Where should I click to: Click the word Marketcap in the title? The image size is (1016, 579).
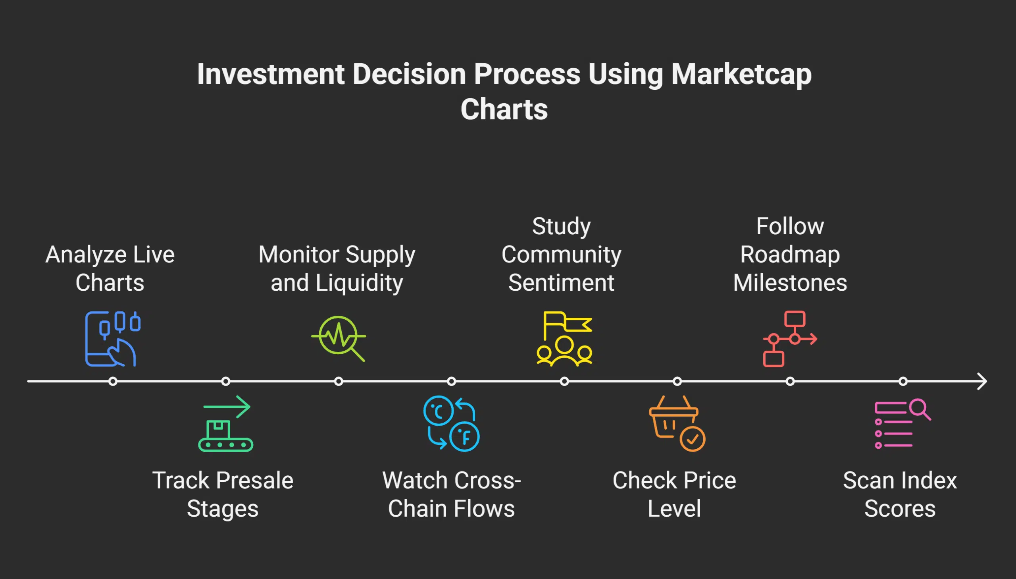pyautogui.click(x=741, y=74)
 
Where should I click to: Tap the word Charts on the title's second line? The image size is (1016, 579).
pyautogui.click(x=504, y=109)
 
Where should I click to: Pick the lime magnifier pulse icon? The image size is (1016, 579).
pyautogui.click(x=339, y=338)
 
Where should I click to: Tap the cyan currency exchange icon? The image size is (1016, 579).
pyautogui.click(x=451, y=423)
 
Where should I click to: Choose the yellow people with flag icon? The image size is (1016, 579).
pyautogui.click(x=564, y=338)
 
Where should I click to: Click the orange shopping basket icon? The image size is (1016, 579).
pyautogui.click(x=677, y=423)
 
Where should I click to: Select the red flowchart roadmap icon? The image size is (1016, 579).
pyautogui.click(x=790, y=338)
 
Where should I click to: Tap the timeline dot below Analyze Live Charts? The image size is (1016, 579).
pyautogui.click(x=113, y=381)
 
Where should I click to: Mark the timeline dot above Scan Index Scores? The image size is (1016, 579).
pyautogui.click(x=903, y=381)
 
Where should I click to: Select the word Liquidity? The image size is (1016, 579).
pyautogui.click(x=359, y=283)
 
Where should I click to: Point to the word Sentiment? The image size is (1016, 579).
pyautogui.click(x=561, y=283)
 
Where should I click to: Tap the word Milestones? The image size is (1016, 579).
pyautogui.click(x=790, y=283)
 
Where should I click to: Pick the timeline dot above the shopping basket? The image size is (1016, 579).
pyautogui.click(x=677, y=381)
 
